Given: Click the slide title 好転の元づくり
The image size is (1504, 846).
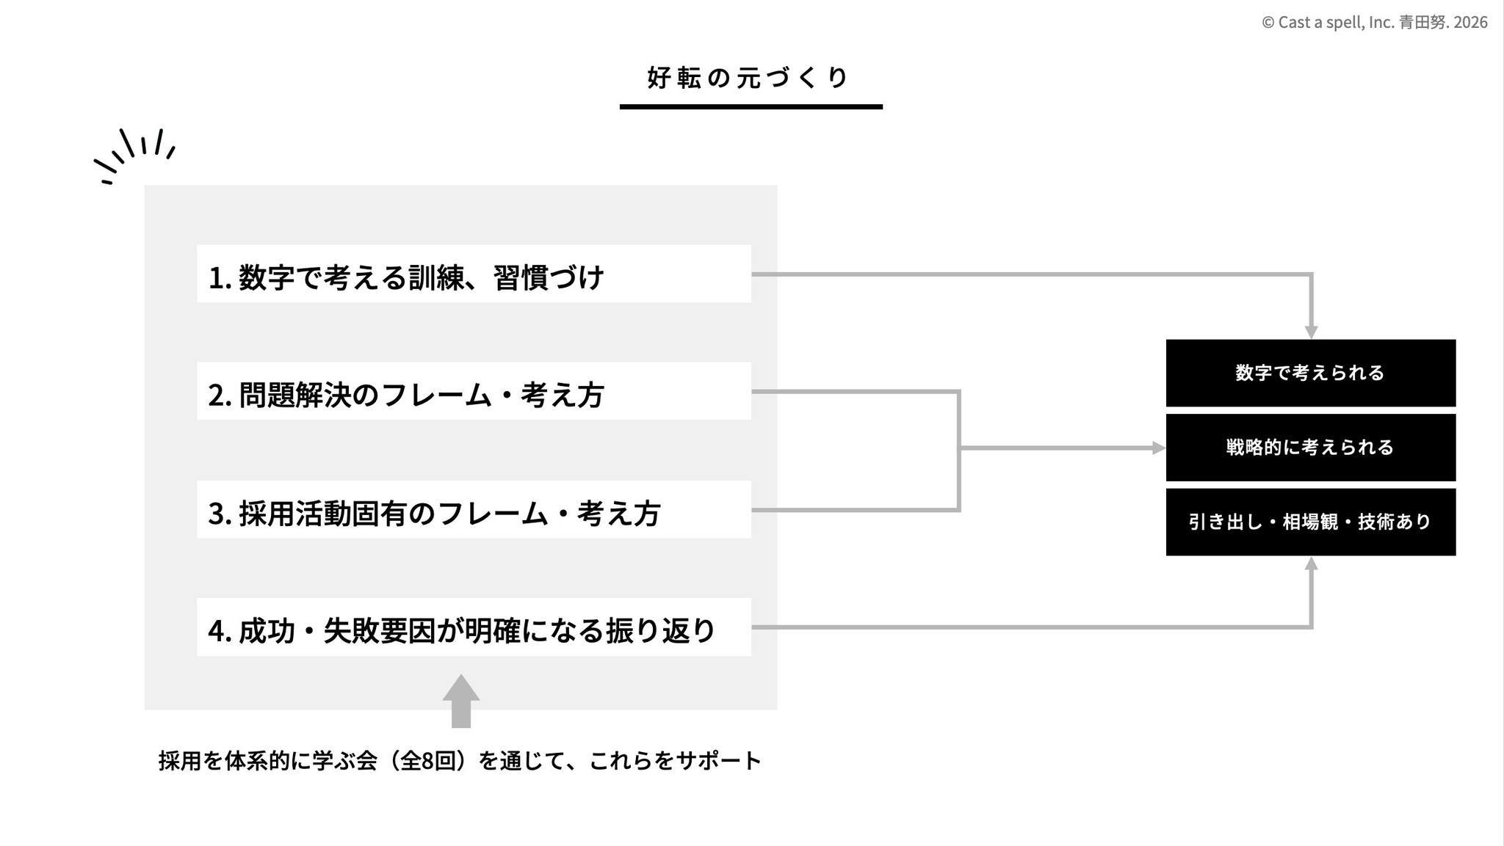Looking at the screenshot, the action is coord(748,78).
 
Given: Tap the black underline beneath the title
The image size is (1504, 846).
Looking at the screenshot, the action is coord(751,107).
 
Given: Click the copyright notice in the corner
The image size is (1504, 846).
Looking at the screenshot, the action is coord(1374,23).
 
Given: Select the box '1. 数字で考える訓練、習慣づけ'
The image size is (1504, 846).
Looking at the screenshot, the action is coord(474,274).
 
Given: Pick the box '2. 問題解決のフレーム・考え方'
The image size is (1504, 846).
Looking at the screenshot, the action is coord(474,391).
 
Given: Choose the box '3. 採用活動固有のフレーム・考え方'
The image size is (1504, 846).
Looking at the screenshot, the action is coord(474,509).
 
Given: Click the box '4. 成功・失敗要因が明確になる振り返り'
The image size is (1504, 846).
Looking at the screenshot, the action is coord(474,627).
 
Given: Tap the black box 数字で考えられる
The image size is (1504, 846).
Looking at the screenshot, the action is coord(1311,373).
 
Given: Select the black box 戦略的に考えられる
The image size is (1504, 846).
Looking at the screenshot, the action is coord(1311,448).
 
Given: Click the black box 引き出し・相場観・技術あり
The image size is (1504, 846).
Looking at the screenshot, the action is coord(1311,522).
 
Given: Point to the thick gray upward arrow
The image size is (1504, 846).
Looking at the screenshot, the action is coord(461,701).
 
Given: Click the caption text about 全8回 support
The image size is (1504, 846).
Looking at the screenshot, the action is coord(460,761).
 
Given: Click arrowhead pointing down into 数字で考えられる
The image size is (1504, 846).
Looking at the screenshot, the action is coord(1311,332).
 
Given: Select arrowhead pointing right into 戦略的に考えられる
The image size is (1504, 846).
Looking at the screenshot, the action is coord(1160,448).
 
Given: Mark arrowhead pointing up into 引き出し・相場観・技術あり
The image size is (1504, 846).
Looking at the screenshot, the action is coord(1311,563).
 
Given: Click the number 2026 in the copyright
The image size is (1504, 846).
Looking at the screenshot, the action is coord(1470,23).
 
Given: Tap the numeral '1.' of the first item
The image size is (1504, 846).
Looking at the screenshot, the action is coord(220,278).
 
